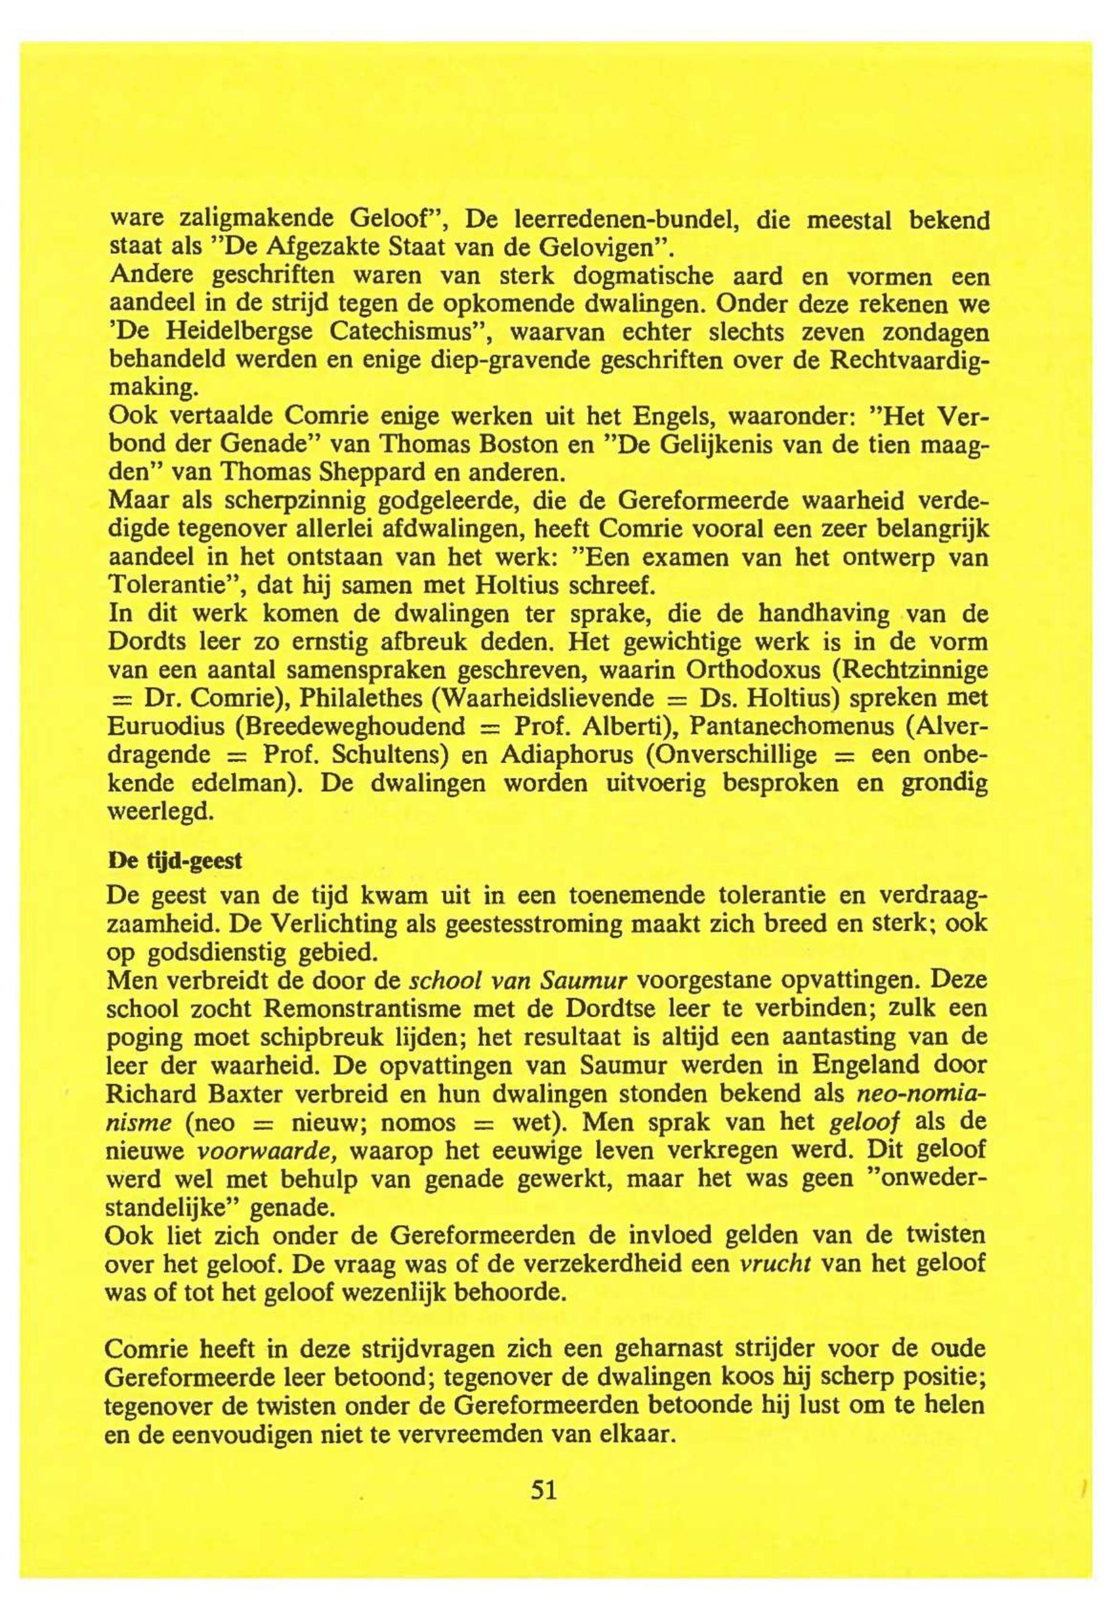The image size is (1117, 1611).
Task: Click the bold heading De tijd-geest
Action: coord(174,861)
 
